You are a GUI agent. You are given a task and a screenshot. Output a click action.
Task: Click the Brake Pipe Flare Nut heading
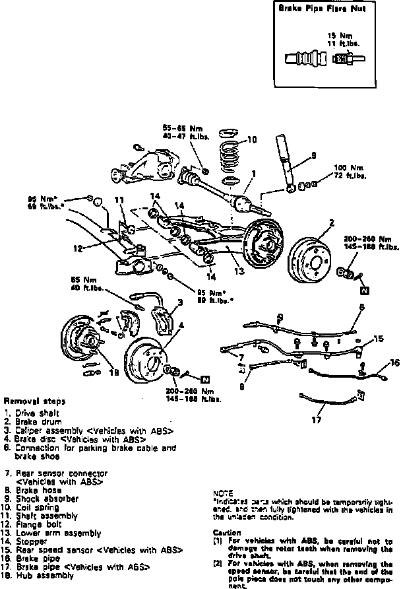tap(314, 9)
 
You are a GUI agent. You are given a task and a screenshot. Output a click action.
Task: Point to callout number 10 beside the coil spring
tap(251, 139)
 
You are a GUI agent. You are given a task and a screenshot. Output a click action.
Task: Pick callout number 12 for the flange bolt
tap(78, 249)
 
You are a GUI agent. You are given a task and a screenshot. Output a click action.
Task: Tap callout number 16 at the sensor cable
tap(394, 363)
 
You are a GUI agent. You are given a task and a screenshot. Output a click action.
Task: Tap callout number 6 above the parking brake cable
tap(361, 307)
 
